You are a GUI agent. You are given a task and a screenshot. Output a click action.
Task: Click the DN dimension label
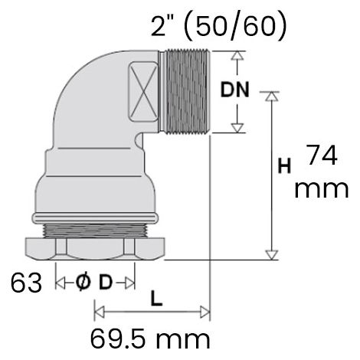(x=234, y=90)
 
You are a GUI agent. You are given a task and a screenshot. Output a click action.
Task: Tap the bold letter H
(x=284, y=165)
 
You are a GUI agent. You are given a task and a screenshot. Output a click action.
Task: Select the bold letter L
(x=156, y=298)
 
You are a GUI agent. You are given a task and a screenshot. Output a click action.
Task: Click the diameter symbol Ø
(x=83, y=283)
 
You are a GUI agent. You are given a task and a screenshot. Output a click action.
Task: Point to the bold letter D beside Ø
(x=106, y=283)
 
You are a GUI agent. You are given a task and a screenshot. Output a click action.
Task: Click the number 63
(x=26, y=283)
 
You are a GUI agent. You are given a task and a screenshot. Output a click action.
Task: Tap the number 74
(x=322, y=155)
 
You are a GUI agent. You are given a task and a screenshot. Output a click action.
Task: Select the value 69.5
(x=120, y=339)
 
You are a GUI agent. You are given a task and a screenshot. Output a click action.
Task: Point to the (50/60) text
(x=235, y=26)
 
